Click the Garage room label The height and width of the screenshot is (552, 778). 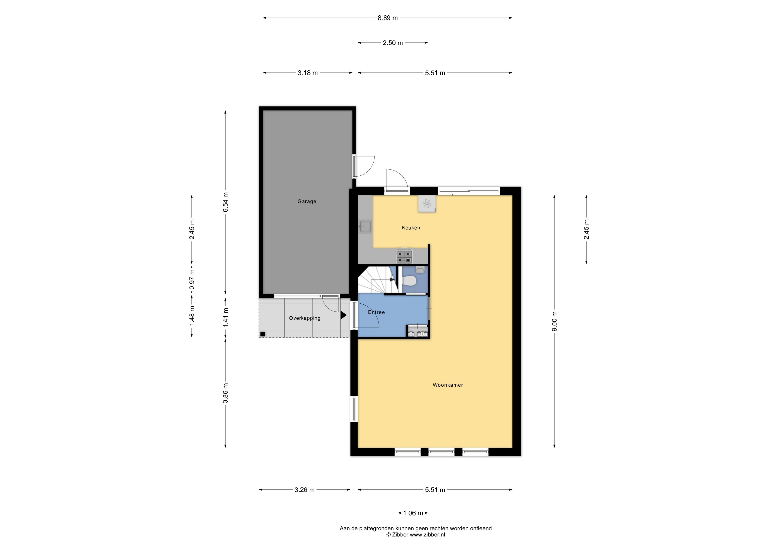coord(307,201)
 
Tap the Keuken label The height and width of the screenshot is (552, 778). coord(411,228)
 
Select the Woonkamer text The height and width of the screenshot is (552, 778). coord(448,385)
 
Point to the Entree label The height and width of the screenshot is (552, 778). coord(376,312)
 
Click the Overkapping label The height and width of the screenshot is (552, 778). coord(305,318)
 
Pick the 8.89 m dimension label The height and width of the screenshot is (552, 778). coord(388,18)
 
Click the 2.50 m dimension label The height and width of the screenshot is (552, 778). coord(393,43)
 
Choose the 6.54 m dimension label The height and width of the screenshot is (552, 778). coord(225,202)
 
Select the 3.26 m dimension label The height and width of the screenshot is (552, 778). coord(304,490)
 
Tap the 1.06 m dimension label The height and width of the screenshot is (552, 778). coord(413,513)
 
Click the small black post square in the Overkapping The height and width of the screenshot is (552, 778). coord(263,334)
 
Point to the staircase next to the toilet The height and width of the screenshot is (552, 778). coord(377,280)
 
